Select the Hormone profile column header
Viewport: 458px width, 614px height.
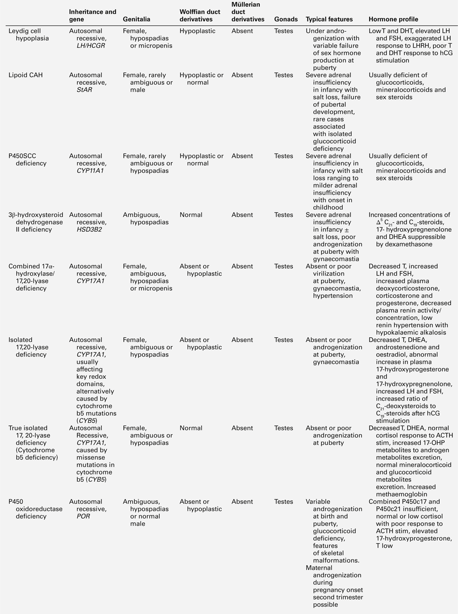pyautogui.click(x=393, y=19)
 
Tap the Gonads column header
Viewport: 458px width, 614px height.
pyautogui.click(x=286, y=19)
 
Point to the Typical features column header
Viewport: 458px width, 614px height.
pyautogui.click(x=329, y=19)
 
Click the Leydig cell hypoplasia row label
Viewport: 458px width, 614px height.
pyautogui.click(x=28, y=35)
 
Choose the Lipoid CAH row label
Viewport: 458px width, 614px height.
pyautogui.click(x=26, y=75)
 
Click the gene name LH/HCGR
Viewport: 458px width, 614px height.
pyautogui.click(x=91, y=46)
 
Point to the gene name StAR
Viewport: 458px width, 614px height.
pyautogui.click(x=84, y=90)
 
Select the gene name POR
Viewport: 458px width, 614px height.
pyautogui.click(x=83, y=516)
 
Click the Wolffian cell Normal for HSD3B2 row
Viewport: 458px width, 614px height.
pyautogui.click(x=191, y=214)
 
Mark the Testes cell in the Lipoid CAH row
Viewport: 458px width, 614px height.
pyautogui.click(x=284, y=75)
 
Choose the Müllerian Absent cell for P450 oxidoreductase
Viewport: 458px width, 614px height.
pyautogui.click(x=242, y=501)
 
